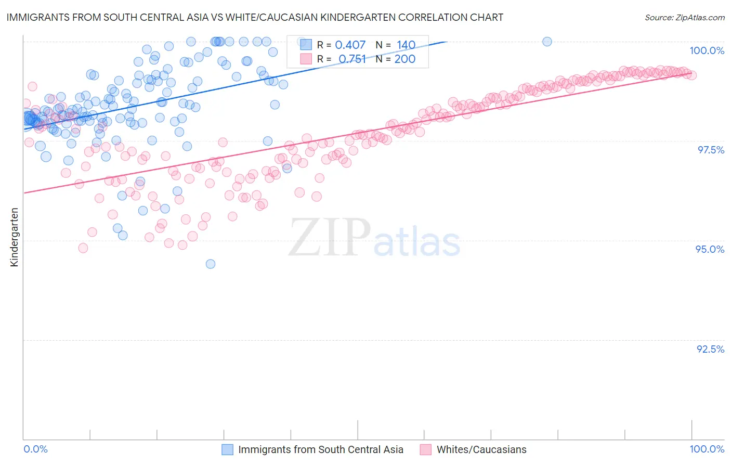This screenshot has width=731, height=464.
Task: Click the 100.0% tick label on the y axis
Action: click(x=707, y=50)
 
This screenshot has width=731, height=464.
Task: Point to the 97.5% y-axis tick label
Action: click(x=710, y=150)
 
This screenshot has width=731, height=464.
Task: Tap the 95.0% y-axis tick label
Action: click(x=710, y=249)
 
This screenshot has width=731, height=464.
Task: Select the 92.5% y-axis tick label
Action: click(x=710, y=349)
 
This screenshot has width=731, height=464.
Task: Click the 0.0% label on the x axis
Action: click(x=36, y=449)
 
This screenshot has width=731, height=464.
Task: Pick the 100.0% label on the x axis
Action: click(x=707, y=449)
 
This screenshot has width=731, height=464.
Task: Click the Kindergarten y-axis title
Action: click(x=15, y=237)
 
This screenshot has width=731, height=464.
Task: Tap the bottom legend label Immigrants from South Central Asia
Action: click(x=321, y=449)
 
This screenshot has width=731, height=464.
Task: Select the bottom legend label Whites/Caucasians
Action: click(x=481, y=449)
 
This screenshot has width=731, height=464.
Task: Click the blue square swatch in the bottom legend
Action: click(x=228, y=449)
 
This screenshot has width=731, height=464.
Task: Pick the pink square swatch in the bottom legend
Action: click(x=426, y=449)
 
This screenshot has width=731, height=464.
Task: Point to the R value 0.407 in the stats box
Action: click(x=350, y=45)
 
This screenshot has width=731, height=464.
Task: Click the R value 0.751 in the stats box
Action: click(x=352, y=59)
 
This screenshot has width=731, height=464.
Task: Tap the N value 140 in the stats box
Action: click(x=406, y=45)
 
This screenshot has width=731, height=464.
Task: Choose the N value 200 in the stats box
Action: click(x=404, y=59)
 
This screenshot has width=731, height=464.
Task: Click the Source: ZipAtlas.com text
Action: click(x=684, y=17)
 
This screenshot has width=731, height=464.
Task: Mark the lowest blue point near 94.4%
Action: click(x=211, y=264)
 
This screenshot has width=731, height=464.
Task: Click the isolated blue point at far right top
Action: click(x=547, y=42)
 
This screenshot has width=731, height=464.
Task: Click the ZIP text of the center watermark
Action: click(x=330, y=238)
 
